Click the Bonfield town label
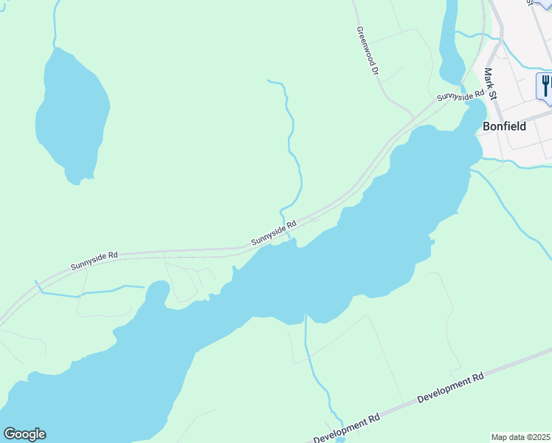504,126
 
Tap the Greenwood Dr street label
367,52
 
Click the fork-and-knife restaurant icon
545,86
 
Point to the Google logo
24,434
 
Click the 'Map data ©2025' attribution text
521,437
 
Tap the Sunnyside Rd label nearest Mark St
459,95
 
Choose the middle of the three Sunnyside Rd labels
273,233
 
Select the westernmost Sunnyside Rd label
94,261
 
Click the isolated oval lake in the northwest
72,114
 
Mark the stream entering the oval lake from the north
55,22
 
